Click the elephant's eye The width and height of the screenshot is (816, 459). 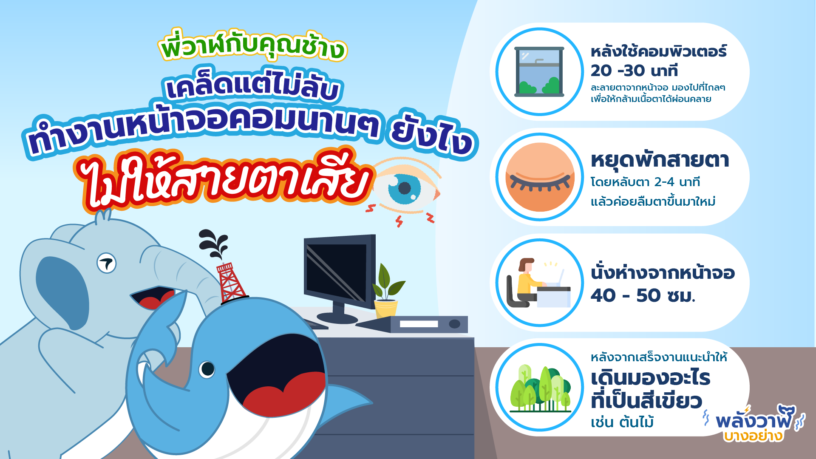point(106,263)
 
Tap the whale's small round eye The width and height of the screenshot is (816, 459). point(207,369)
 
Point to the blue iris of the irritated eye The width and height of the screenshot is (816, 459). point(404,188)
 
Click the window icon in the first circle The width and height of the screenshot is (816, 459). point(539,71)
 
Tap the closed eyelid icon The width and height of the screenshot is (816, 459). point(540,177)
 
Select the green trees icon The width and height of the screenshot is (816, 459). point(540,388)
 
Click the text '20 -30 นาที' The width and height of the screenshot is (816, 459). point(634,71)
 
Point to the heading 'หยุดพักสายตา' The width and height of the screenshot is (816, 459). point(660,160)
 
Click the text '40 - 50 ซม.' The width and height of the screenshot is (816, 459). point(643,295)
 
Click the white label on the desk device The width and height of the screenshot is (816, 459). point(419,324)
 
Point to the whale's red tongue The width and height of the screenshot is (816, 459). point(285,395)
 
